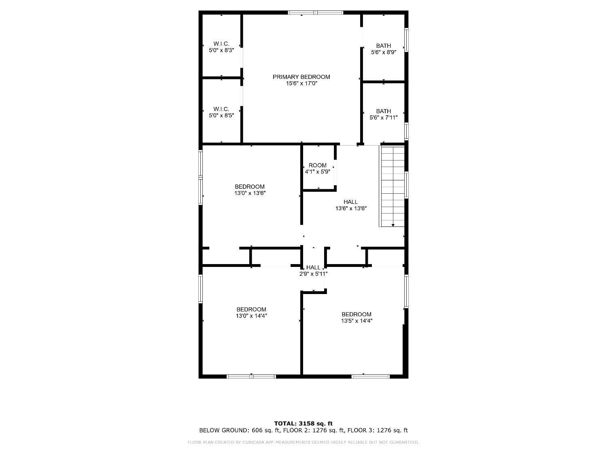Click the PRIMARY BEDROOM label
point(301,77)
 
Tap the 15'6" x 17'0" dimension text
point(301,83)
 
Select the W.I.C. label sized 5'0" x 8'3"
point(221,44)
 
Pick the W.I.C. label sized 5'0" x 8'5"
point(221,109)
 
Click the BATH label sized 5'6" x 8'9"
point(384,46)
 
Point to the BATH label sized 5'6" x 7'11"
point(384,111)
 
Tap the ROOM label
point(318,165)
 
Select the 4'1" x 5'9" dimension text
point(318,172)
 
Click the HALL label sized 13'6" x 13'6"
point(351,202)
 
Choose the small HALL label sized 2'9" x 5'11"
point(313,267)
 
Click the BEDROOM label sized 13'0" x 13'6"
point(250,187)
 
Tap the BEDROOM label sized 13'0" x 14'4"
point(251,309)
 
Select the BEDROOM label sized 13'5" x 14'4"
point(357,314)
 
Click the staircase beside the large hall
point(392,186)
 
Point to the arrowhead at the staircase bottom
point(393,225)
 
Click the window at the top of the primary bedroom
point(316,13)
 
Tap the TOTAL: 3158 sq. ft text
point(303,423)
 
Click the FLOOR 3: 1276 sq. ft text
point(378,430)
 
